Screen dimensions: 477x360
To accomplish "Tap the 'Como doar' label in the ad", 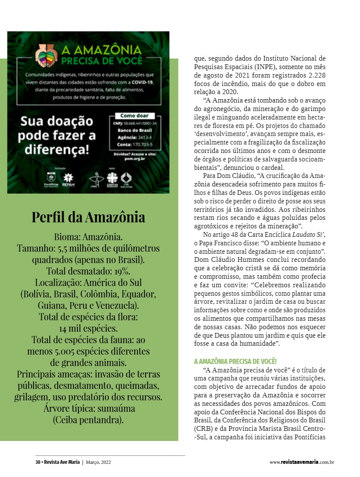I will (x=134, y=116).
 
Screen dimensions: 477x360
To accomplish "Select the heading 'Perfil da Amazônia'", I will (x=88, y=217).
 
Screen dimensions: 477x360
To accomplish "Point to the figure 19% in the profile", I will (x=122, y=271).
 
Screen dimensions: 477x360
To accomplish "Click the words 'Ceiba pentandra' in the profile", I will (x=88, y=420).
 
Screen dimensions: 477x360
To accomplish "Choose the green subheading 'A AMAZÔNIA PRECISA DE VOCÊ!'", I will (x=235, y=361).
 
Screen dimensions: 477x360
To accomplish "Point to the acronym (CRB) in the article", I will (x=204, y=428).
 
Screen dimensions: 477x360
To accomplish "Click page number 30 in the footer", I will (x=37, y=462).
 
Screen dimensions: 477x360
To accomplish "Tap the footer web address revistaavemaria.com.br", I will (x=302, y=462).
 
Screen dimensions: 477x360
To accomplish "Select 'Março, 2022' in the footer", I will (x=99, y=462).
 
